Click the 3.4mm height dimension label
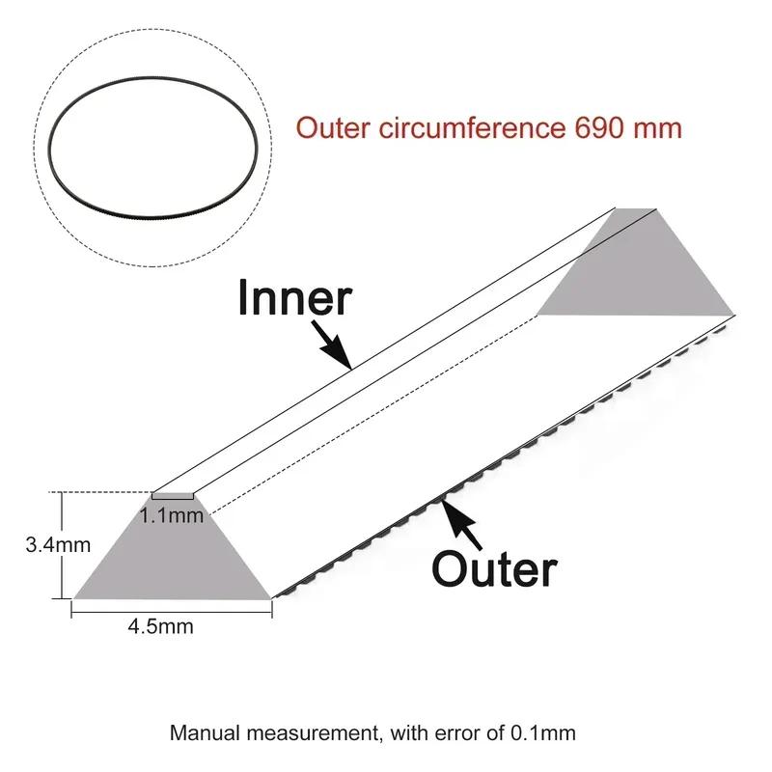coord(58,545)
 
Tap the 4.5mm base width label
coord(160,626)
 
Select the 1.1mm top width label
coord(172,515)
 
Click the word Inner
coord(294,298)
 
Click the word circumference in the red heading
coord(472,127)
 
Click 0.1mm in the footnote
coord(543,733)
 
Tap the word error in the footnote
coord(460,733)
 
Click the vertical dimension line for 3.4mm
coord(62,545)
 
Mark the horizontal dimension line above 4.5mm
coord(172,613)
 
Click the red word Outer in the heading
coord(333,127)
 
